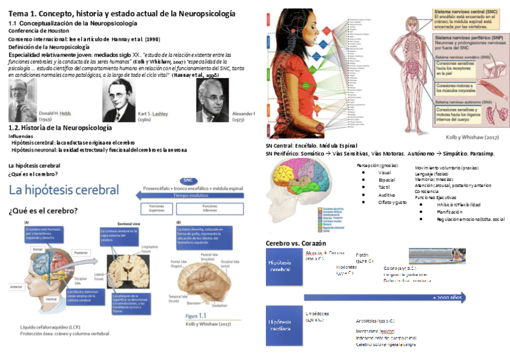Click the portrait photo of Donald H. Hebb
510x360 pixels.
(x=23, y=100)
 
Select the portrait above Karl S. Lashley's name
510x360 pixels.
(x=118, y=100)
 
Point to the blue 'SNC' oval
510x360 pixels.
(x=188, y=180)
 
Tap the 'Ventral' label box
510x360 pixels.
(x=52, y=298)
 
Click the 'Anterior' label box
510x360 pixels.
(x=16, y=287)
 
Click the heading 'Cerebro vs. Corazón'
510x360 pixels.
(x=296, y=243)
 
